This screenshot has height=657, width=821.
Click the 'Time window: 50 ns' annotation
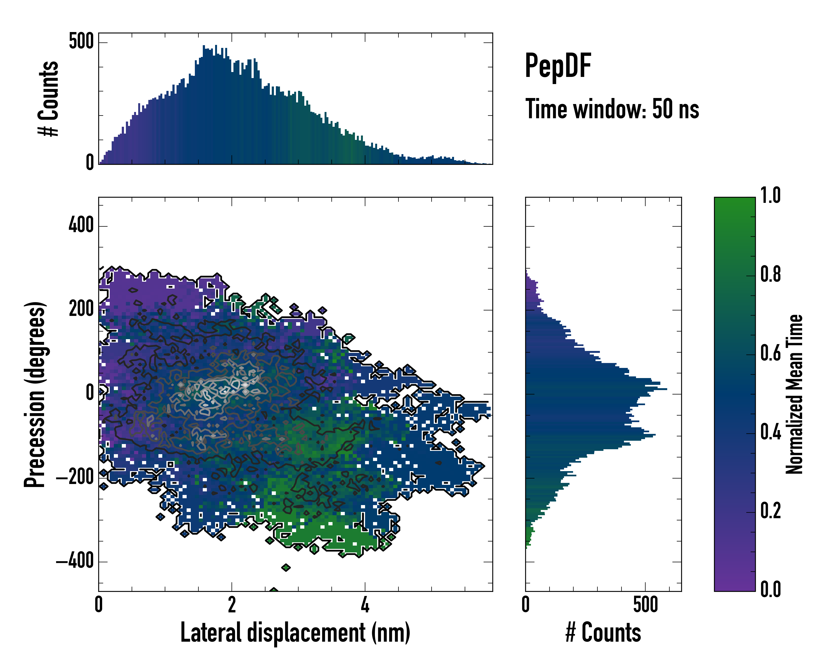click(612, 109)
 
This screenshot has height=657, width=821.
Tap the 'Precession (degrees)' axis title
click(35, 394)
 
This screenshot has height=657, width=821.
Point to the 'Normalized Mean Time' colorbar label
click(794, 394)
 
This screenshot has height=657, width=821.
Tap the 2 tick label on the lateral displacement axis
click(232, 605)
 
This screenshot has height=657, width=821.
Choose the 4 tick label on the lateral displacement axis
click(365, 605)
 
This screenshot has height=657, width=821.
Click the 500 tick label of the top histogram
click(81, 41)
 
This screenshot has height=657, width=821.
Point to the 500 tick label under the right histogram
click(646, 605)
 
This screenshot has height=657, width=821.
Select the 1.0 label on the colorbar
click(770, 195)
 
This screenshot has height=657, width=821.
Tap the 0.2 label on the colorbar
click(770, 511)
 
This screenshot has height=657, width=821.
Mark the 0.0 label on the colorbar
click(770, 590)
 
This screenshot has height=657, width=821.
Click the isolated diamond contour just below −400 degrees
click(286, 567)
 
